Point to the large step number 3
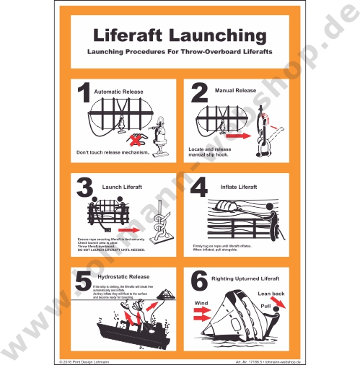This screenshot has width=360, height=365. pyautogui.click(x=84, y=188)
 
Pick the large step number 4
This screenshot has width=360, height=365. pyautogui.click(x=199, y=188)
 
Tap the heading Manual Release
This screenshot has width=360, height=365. pyautogui.click(x=235, y=91)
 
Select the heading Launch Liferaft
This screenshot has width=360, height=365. pyautogui.click(x=122, y=187)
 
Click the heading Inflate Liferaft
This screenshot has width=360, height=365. pyautogui.click(x=239, y=187)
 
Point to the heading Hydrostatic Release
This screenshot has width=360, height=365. pyautogui.click(x=123, y=276)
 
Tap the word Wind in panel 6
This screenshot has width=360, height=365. pyautogui.click(x=201, y=303)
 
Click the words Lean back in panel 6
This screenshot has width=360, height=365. pyautogui.click(x=272, y=294)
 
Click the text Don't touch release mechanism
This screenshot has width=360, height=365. pyautogui.click(x=113, y=152)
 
